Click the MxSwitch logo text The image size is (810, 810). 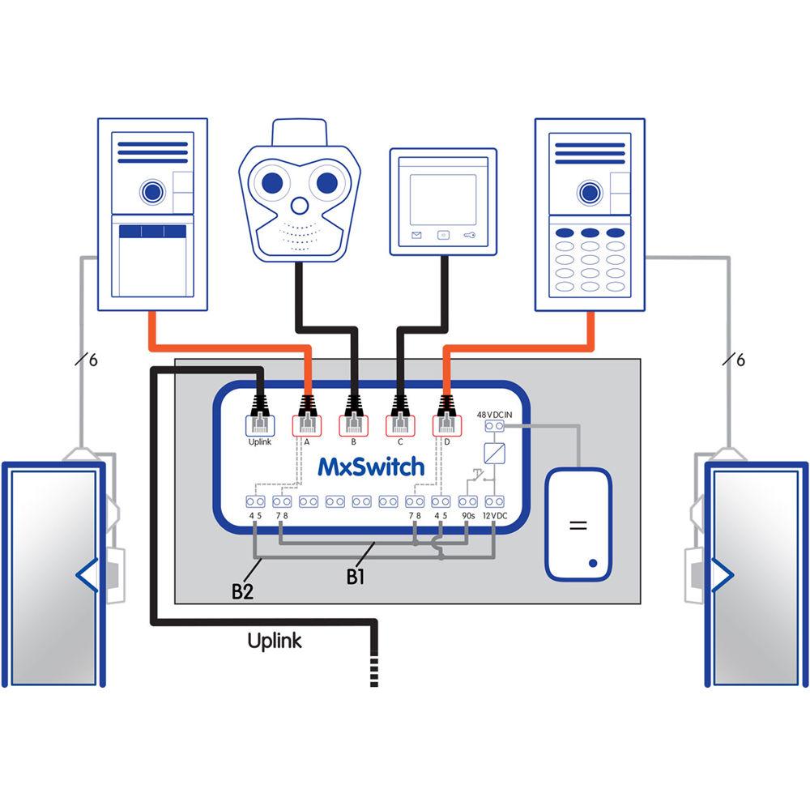click(371, 467)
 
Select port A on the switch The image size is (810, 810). click(307, 424)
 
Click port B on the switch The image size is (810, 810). click(353, 424)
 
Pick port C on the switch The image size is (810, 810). click(399, 424)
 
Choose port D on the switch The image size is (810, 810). click(446, 424)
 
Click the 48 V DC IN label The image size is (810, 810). click(495, 415)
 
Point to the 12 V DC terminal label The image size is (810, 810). click(495, 515)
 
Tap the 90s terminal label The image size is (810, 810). click(467, 515)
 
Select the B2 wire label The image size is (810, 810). click(243, 591)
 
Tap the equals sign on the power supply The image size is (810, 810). click(578, 525)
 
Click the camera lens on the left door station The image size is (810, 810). click(151, 192)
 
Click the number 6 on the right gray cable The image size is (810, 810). click(740, 360)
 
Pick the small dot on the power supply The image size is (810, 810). click(594, 562)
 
